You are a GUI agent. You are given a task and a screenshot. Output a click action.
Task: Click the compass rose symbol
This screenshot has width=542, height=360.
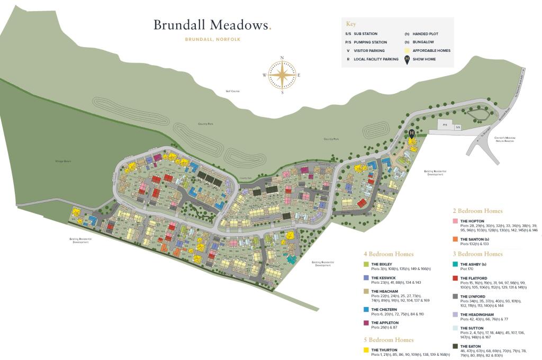click(282, 75)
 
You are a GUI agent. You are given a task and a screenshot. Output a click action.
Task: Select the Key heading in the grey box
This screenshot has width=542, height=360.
click(351, 24)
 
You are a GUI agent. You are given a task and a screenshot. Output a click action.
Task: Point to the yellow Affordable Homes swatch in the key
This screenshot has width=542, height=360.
click(408, 50)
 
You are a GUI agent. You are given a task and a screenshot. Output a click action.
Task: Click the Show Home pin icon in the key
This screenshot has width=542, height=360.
click(408, 59)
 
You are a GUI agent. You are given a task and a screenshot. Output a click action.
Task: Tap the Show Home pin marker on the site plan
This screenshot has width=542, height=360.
click(412, 133)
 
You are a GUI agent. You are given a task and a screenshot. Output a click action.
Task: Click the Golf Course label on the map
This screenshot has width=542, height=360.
click(233, 91)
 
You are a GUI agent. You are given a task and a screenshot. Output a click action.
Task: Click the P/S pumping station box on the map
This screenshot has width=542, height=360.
click(445, 125)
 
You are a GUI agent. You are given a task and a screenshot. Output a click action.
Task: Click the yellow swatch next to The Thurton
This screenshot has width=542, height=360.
click(366, 350)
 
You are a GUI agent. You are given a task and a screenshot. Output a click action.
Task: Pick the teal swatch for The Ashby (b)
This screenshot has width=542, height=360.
click(456, 264)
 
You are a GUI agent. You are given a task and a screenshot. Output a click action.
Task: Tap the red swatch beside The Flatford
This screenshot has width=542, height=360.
click(456, 278)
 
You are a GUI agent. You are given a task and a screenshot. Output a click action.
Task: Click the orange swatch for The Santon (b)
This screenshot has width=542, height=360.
click(456, 239)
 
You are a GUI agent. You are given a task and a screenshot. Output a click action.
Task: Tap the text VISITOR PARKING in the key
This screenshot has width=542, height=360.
click(370, 51)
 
